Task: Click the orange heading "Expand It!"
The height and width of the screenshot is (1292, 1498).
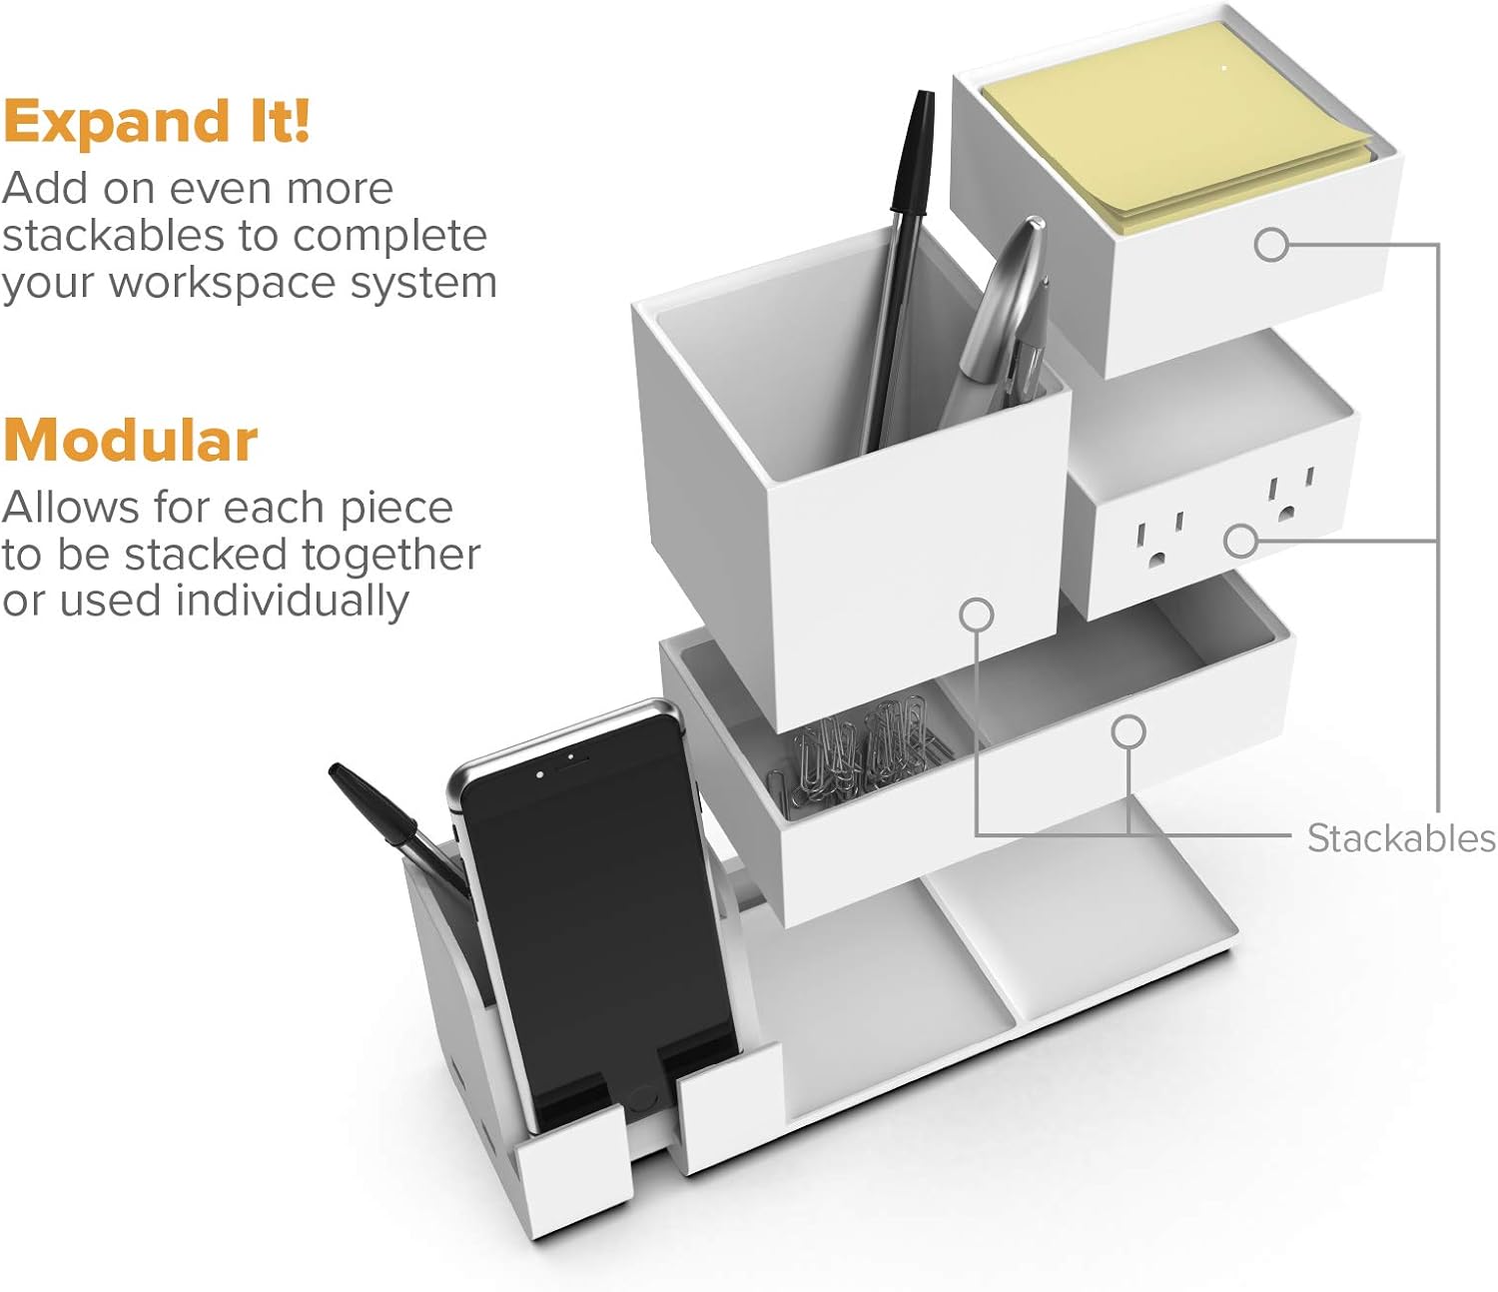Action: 157,122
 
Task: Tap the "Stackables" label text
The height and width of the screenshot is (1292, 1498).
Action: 1401,839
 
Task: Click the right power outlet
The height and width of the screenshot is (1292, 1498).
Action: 1290,497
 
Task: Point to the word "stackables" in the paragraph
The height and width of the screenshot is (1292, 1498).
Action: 113,237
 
